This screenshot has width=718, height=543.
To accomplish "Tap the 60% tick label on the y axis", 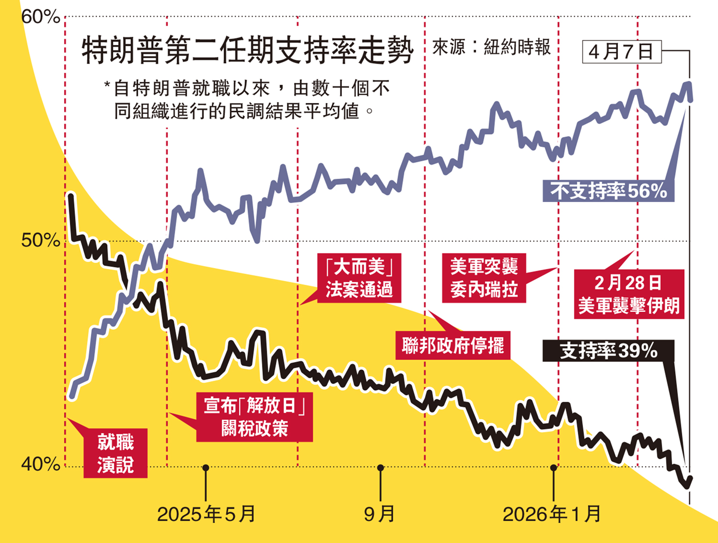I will coord(41,17).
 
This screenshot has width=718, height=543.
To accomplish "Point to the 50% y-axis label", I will coord(41,240).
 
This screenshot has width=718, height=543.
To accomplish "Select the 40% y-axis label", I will coord(41,464).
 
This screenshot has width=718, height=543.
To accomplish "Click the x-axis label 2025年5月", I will coord(206,514).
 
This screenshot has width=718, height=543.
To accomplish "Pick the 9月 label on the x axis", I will coord(380,514).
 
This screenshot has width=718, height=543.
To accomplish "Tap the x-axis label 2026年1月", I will coord(552,514).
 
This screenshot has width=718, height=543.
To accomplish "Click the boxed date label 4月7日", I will coord(621,52).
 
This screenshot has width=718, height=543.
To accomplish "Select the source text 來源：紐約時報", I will coord(492,47).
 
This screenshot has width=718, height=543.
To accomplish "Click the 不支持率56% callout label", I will coord(608,191).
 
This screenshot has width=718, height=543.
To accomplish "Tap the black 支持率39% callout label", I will coord(608,351).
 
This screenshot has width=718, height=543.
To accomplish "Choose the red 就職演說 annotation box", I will coord(115,453).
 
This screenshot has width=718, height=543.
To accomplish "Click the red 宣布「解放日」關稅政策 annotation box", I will coord(254,417).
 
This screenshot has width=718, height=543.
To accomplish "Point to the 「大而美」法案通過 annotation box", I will coord(359,278).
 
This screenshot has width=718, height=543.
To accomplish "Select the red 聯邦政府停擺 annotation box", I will coord(453,345).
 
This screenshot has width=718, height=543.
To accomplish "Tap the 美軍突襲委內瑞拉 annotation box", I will coord(484,278).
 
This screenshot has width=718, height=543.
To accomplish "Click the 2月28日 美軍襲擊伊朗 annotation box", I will coord(629,294).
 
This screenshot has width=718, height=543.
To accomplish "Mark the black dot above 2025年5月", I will coord(206,467).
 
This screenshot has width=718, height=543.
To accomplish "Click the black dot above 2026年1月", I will coord(554,467).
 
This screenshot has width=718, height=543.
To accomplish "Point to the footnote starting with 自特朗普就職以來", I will coord(247,100).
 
